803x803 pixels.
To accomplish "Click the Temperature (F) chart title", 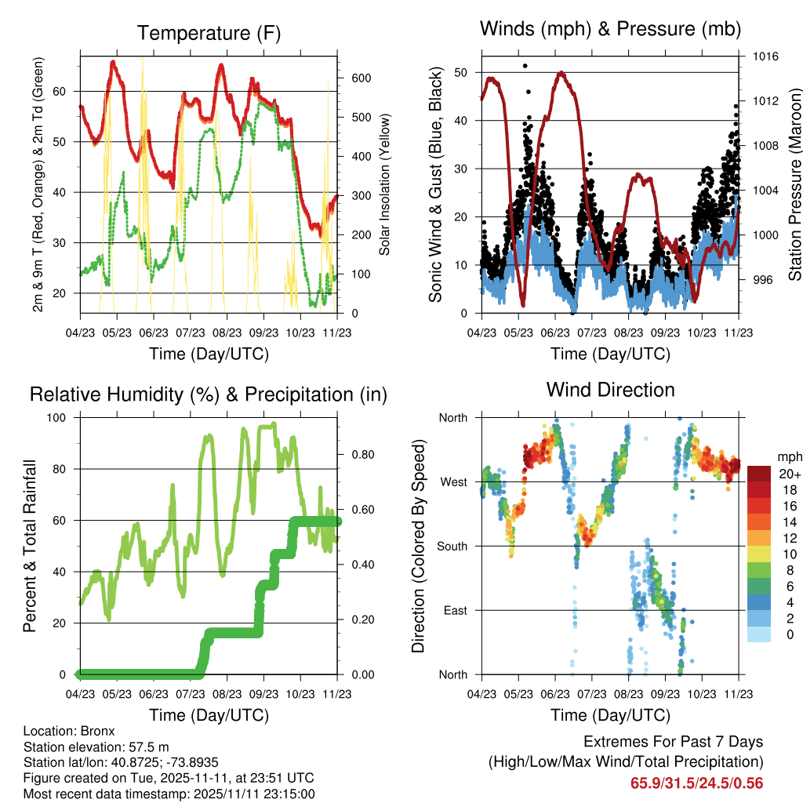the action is pyautogui.click(x=209, y=33).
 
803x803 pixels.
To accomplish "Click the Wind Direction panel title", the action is pyautogui.click(x=610, y=390).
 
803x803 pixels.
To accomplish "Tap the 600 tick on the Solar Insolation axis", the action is pyautogui.click(x=361, y=78).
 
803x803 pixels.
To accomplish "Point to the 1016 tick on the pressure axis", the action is pyautogui.click(x=765, y=56).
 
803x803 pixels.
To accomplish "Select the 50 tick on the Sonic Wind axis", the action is pyautogui.click(x=460, y=73).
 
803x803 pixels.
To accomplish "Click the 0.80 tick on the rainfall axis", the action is pyautogui.click(x=362, y=455).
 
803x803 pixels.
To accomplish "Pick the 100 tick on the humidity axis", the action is pyautogui.click(x=56, y=418).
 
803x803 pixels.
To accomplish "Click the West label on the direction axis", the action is pyautogui.click(x=454, y=482).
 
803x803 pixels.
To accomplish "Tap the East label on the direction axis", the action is pyautogui.click(x=456, y=611).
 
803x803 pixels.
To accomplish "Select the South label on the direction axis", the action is pyautogui.click(x=452, y=547).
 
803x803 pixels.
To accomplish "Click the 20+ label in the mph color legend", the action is pyautogui.click(x=790, y=474).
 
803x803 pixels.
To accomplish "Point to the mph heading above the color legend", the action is pyautogui.click(x=790, y=457).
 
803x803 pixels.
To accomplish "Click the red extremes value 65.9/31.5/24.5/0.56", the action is pyautogui.click(x=696, y=783).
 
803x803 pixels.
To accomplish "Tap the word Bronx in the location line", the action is pyautogui.click(x=97, y=731).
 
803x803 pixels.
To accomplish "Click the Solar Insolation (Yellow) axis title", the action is pyautogui.click(x=384, y=184).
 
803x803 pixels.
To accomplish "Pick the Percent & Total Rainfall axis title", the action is pyautogui.click(x=30, y=546).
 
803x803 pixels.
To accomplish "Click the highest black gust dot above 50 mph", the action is pyautogui.click(x=525, y=66).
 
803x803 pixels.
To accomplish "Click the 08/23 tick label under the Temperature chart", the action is pyautogui.click(x=227, y=332).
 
